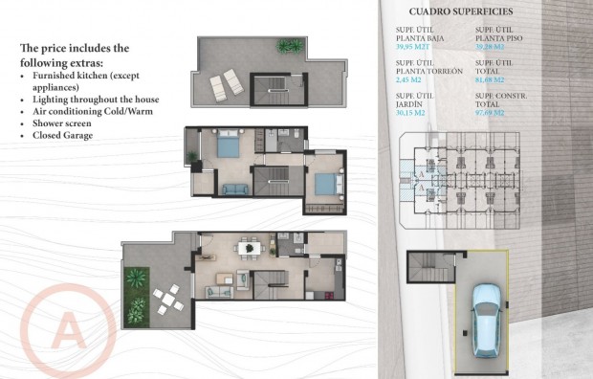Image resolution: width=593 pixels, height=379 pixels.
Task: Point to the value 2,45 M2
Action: point(410,79)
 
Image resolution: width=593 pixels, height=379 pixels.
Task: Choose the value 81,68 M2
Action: point(494,79)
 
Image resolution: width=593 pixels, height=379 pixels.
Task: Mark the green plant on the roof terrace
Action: point(288,45)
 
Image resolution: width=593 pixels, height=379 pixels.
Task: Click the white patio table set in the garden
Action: point(168,302)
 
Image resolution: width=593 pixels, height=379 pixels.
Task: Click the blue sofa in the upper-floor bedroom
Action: point(232,189)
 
